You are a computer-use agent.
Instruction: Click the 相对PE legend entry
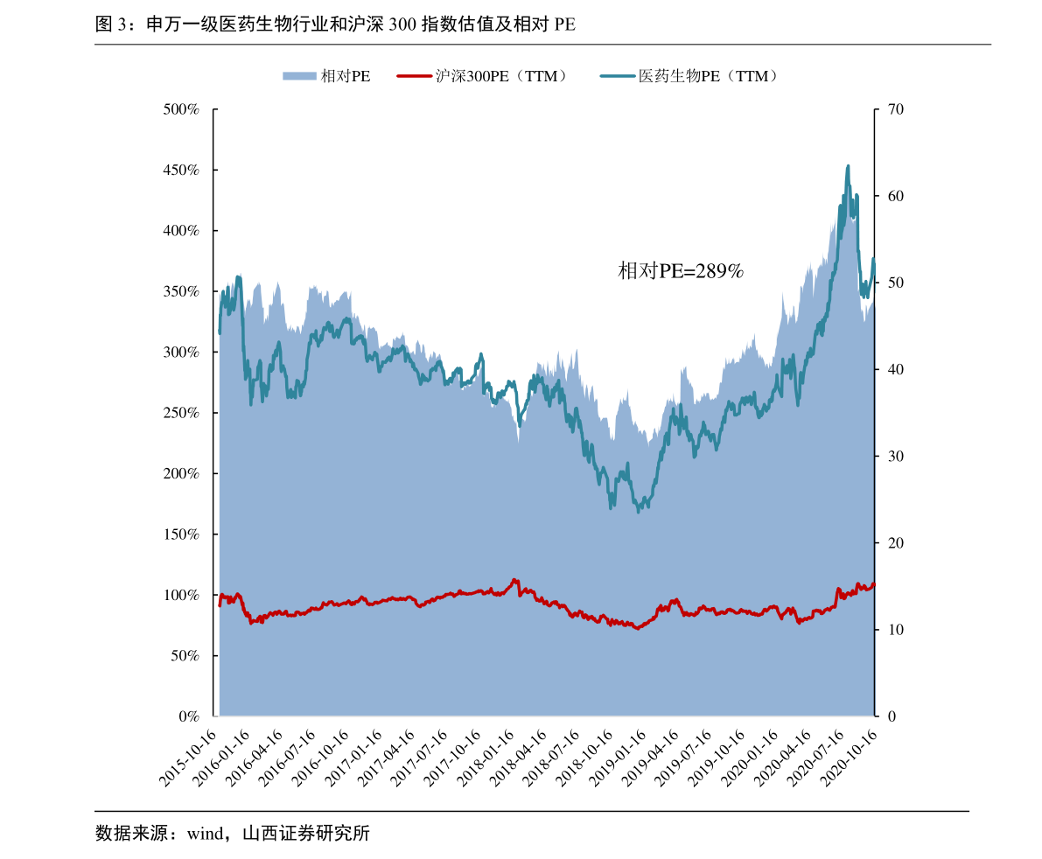(326, 76)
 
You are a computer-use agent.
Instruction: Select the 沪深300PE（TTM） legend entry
(482, 76)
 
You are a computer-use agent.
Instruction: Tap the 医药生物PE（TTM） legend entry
(689, 76)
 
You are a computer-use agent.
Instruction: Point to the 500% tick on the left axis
(181, 109)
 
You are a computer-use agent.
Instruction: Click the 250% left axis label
(181, 413)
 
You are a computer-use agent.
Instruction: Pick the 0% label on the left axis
(189, 716)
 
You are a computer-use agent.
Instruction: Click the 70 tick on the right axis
(896, 109)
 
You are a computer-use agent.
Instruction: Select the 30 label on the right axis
(896, 457)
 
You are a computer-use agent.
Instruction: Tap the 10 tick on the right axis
(896, 630)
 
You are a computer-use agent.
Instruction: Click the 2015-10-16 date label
(188, 758)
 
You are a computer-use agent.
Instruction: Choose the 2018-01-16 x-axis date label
(486, 758)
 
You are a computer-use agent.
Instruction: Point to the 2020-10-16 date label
(850, 758)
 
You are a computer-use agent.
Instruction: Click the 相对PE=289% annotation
(681, 271)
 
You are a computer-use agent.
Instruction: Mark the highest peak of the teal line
(847, 166)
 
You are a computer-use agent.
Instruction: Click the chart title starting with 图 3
(335, 24)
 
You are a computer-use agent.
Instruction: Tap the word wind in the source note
(204, 834)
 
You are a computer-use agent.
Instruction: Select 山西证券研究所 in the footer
(306, 833)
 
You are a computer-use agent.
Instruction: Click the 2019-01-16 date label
(618, 758)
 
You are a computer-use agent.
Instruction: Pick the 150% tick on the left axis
(181, 534)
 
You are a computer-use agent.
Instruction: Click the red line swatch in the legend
(413, 76)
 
